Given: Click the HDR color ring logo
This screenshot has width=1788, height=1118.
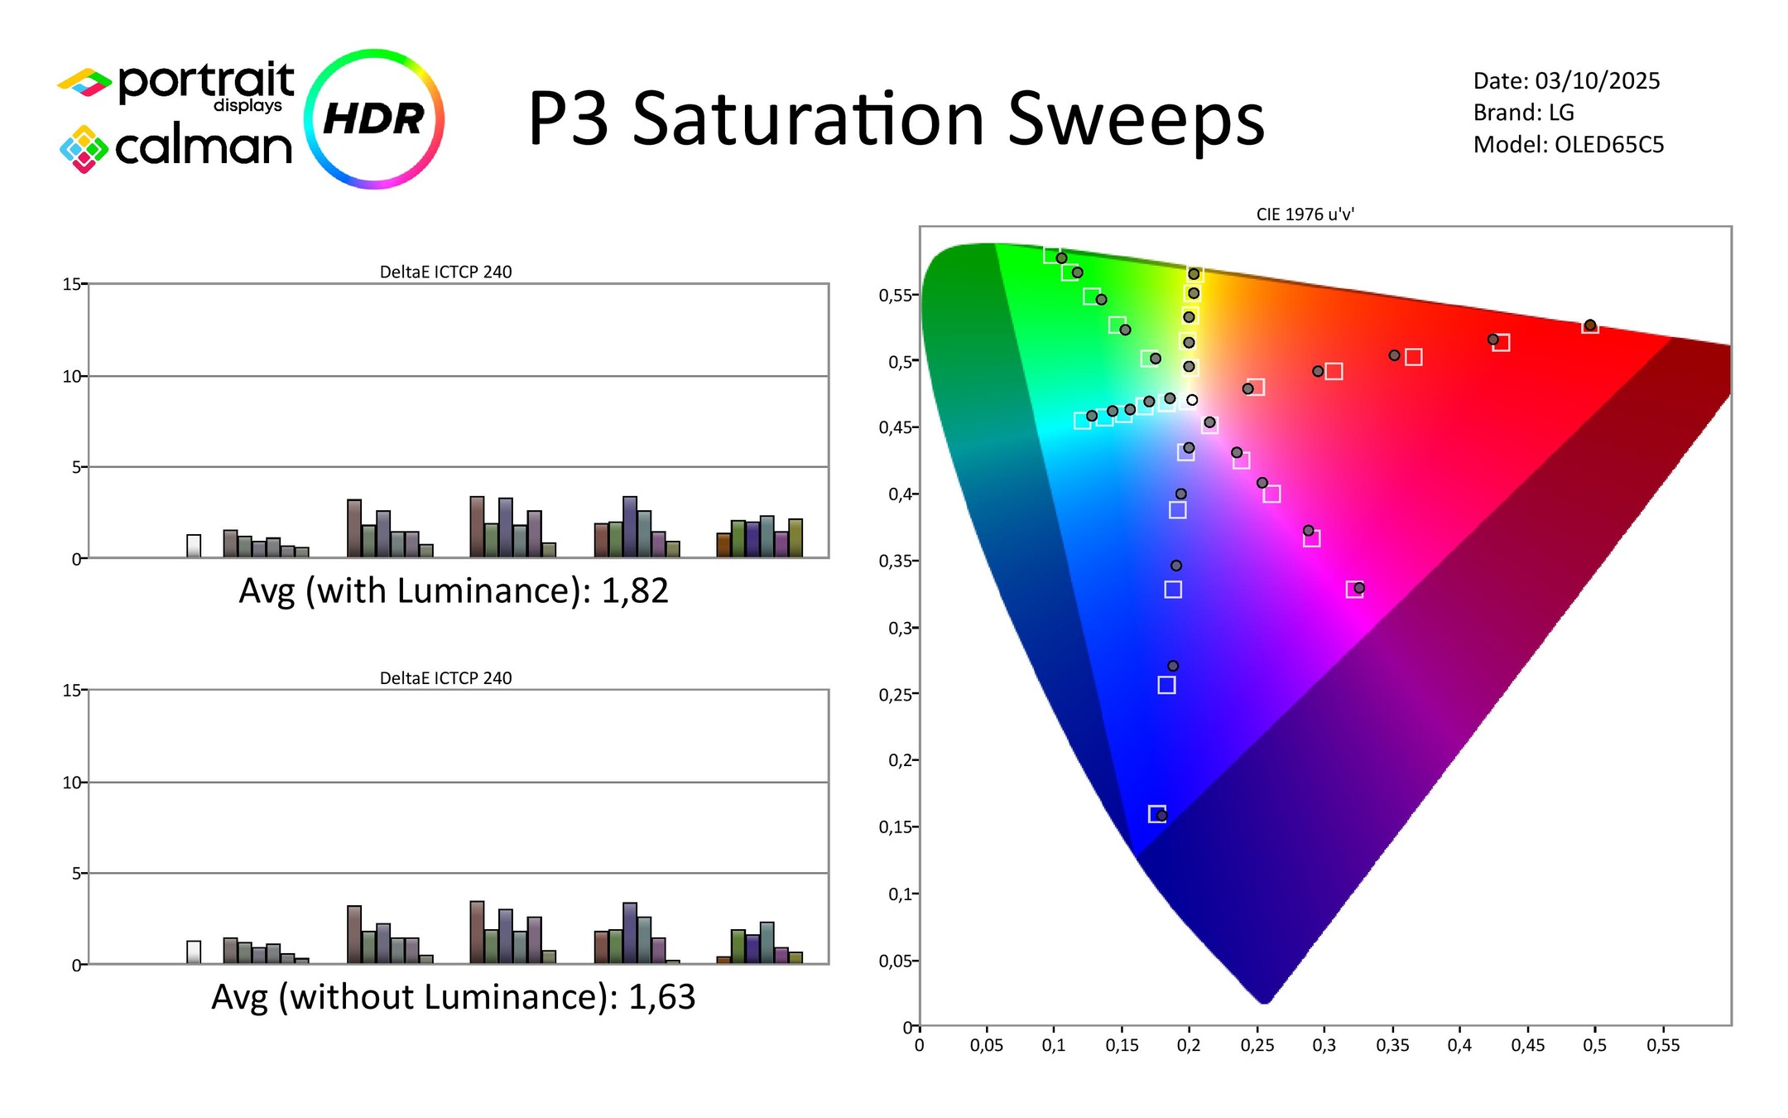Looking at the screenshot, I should click(x=374, y=118).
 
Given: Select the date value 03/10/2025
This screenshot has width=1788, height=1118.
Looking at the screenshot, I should click(x=1597, y=81).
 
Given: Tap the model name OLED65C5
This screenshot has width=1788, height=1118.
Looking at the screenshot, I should click(x=1608, y=145).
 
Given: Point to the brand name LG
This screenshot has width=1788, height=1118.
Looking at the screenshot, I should click(x=1560, y=113).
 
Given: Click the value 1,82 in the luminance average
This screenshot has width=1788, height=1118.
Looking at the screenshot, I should click(x=634, y=591).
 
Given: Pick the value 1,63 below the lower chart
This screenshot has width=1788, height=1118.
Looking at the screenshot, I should click(x=661, y=997).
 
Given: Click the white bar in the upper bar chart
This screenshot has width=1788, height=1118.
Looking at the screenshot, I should click(x=194, y=547).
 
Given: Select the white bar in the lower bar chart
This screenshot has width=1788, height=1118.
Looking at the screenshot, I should click(x=194, y=952).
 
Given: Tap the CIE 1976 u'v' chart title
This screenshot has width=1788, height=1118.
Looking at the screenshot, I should click(x=1305, y=214).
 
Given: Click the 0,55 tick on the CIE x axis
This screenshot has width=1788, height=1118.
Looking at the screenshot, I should click(x=1662, y=1046).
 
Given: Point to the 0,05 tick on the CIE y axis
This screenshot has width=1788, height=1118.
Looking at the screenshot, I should click(x=896, y=961).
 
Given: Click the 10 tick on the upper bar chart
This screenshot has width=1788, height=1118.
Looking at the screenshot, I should click(x=73, y=377).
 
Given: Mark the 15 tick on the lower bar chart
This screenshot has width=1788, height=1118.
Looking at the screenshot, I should click(x=73, y=691).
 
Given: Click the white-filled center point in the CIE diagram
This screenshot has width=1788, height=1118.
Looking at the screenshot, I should click(x=1192, y=400).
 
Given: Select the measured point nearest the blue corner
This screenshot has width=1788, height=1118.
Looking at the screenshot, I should click(x=1161, y=816).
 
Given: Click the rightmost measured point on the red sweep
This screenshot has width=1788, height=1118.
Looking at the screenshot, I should click(x=1590, y=325).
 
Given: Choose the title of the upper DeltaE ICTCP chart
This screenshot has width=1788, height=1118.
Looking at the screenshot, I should click(x=445, y=272).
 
